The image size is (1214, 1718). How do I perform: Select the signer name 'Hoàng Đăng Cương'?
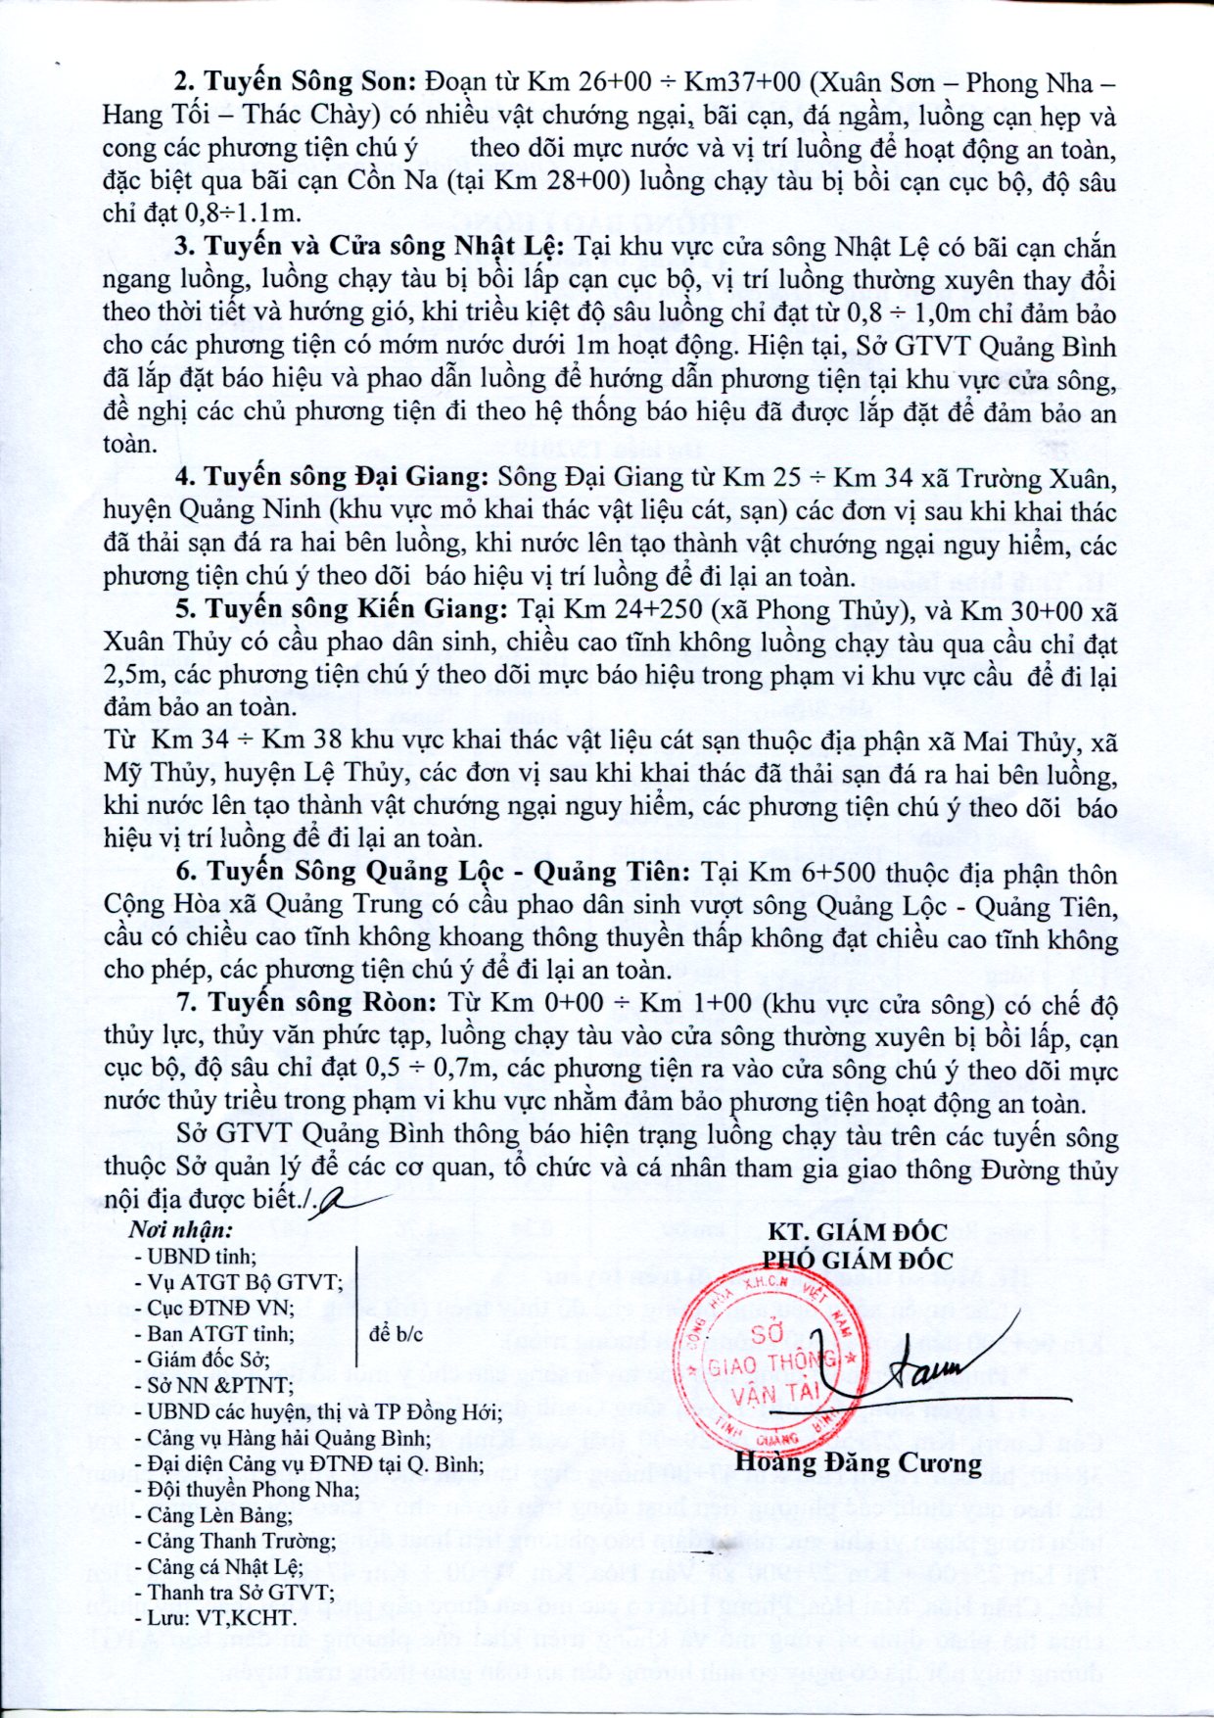pyautogui.click(x=858, y=1463)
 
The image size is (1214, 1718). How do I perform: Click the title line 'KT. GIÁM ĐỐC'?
pyautogui.click(x=857, y=1232)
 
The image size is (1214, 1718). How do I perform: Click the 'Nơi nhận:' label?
pyautogui.click(x=182, y=1230)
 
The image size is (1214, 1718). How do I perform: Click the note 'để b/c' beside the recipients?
pyautogui.click(x=397, y=1334)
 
